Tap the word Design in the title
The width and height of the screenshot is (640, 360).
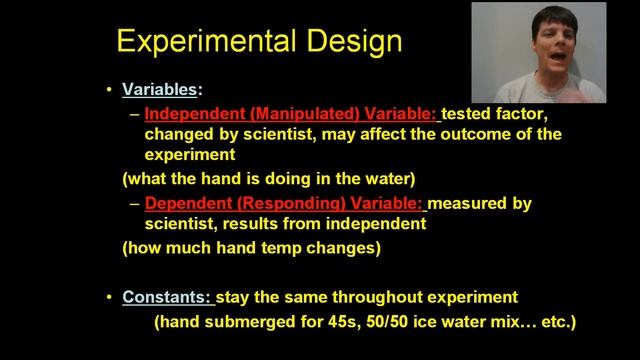pos(352,40)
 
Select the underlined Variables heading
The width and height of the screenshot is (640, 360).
pos(159,90)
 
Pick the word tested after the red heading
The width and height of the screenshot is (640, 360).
pos(468,113)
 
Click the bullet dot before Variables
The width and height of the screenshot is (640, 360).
pos(110,90)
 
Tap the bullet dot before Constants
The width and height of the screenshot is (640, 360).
pos(110,297)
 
